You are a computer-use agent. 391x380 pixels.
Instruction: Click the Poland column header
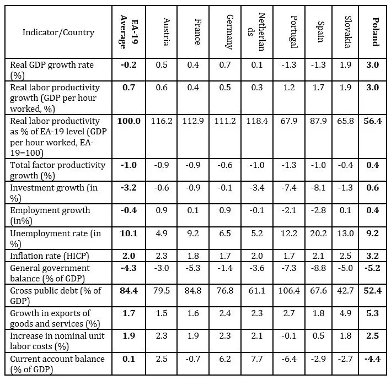point(376,32)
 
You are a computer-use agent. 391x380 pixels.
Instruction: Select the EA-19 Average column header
point(128,32)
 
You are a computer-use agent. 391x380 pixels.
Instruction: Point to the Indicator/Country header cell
point(58,32)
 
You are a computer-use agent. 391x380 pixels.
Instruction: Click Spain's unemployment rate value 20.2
point(320,233)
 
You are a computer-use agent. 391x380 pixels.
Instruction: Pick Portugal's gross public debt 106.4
point(292,290)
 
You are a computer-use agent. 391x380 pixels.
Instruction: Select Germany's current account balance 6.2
point(227,359)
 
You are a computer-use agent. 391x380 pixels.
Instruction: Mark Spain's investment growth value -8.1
point(320,187)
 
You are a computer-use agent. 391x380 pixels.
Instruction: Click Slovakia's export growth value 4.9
point(347,313)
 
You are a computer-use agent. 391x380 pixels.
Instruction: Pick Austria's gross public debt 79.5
point(163,290)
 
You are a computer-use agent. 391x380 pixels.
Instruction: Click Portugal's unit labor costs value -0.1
point(292,336)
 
